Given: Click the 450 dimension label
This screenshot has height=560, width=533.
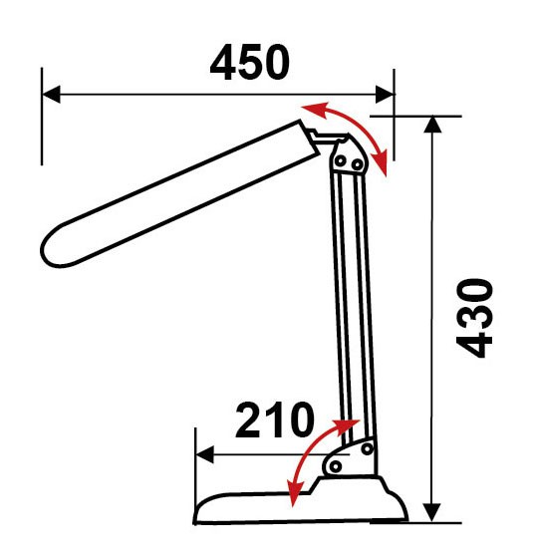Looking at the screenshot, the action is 249,63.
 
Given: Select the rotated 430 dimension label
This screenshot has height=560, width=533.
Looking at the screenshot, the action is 475,318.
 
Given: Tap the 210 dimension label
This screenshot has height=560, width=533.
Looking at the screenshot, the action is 275,420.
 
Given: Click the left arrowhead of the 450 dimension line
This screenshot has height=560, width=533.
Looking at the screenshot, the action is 51,95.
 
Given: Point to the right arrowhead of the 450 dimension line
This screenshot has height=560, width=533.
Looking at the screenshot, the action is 385,95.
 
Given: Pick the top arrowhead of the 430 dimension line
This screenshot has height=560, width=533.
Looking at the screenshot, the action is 432,125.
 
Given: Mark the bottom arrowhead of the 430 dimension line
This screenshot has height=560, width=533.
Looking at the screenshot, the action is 432,513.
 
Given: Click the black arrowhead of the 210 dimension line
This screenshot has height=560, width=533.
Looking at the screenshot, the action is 205,455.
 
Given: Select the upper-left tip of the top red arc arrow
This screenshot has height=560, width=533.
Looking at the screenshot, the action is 303,107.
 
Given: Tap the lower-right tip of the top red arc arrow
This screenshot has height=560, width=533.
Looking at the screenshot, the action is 386,175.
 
